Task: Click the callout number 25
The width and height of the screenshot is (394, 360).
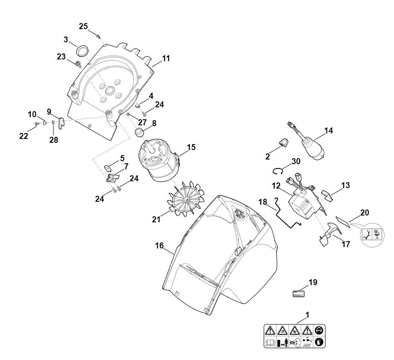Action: click(x=83, y=27)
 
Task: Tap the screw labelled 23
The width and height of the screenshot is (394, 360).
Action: click(x=78, y=65)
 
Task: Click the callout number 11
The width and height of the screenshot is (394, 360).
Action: click(x=166, y=59)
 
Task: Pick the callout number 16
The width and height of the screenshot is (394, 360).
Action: click(x=159, y=246)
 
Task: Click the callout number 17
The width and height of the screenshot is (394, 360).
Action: click(x=346, y=245)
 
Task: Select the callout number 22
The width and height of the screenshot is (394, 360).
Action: click(x=24, y=136)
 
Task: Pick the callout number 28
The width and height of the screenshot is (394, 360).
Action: click(x=53, y=140)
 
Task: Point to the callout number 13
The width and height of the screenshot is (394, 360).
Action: click(x=345, y=185)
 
